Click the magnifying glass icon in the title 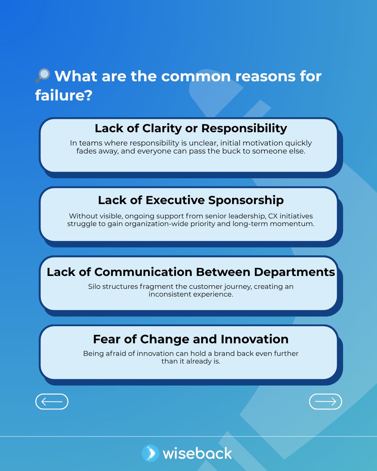click(x=42, y=75)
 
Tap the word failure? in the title click(x=64, y=95)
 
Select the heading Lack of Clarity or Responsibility click(x=191, y=128)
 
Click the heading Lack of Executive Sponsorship click(x=191, y=200)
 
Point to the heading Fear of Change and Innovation click(x=191, y=339)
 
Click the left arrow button click(x=52, y=402)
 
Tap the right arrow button click(x=326, y=402)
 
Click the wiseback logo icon click(x=150, y=453)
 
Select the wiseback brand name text click(x=197, y=453)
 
